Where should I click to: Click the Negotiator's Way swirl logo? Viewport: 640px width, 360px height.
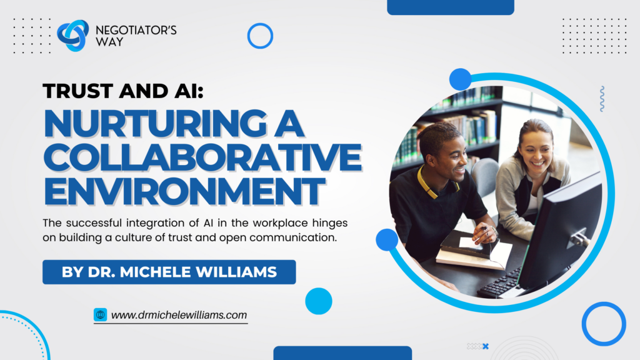coord(72,36)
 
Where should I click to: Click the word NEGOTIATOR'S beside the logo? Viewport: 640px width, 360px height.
coord(136,30)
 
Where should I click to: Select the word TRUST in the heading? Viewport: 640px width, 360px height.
coord(78,91)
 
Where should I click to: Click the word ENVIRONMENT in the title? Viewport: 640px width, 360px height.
coord(184,191)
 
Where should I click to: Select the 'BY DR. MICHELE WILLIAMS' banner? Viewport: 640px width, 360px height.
coord(169,272)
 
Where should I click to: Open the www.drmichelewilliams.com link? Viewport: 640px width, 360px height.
coord(179,315)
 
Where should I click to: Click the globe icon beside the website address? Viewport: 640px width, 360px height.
coord(101,315)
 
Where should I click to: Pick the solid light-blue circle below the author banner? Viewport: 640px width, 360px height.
coord(318,301)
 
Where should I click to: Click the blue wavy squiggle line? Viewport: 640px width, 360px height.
coord(602,99)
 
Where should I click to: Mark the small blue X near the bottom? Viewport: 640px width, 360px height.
coord(485,346)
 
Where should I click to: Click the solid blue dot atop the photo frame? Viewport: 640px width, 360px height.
coord(461,79)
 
